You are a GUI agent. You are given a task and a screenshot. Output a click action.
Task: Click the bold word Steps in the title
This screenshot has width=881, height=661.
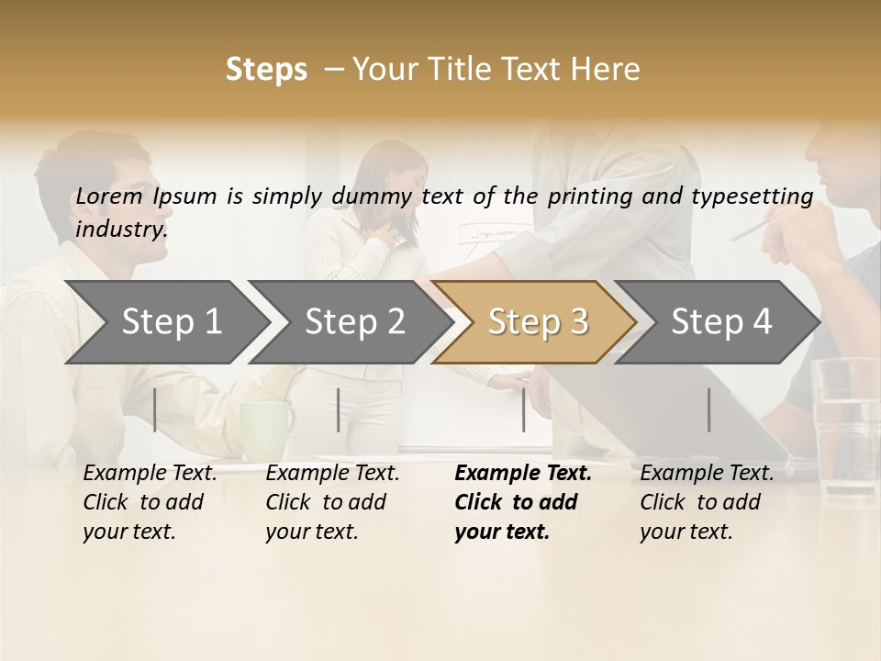click(x=266, y=70)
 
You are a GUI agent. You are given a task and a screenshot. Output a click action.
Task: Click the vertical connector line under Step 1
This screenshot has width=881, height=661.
click(x=155, y=409)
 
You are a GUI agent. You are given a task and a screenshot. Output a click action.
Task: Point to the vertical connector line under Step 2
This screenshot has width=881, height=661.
click(x=339, y=409)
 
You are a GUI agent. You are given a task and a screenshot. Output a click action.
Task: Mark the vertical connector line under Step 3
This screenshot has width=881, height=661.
click(x=523, y=409)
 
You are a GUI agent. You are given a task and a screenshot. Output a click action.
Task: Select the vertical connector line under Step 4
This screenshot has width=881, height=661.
click(x=709, y=409)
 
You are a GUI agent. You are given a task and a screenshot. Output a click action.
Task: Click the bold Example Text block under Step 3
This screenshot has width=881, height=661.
click(x=523, y=502)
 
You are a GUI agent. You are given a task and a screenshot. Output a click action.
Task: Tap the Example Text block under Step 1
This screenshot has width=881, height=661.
click(x=150, y=502)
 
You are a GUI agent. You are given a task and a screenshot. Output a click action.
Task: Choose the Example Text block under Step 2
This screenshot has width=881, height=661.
click(x=332, y=502)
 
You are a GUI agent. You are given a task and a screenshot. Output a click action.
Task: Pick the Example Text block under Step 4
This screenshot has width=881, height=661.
click(x=707, y=502)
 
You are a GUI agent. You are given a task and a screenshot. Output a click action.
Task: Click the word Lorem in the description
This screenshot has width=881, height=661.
click(x=109, y=196)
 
